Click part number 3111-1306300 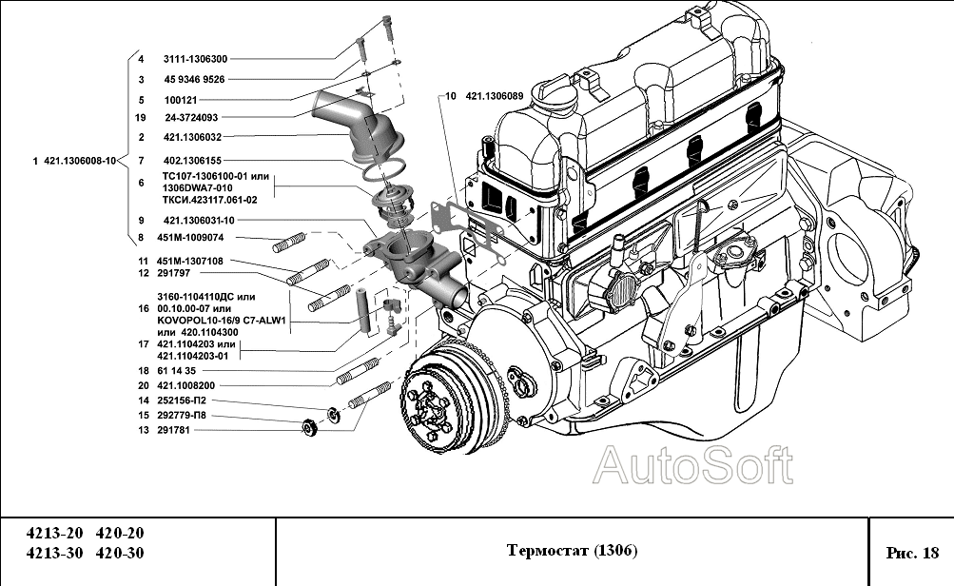(x=196, y=59)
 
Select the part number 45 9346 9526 (x=194, y=80)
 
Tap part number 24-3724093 (x=191, y=118)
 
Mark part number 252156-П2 (x=180, y=400)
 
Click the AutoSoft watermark (x=692, y=466)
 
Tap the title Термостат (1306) (x=572, y=551)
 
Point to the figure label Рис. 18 (x=911, y=552)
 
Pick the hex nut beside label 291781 (x=308, y=427)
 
